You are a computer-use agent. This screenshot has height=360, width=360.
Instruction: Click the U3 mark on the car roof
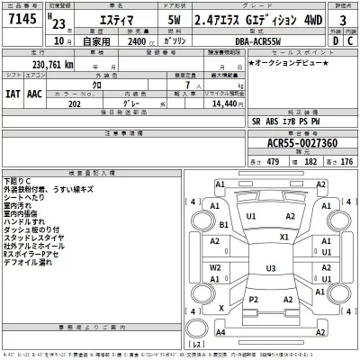point(270,268)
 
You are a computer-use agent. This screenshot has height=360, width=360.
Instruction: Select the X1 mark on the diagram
point(284,237)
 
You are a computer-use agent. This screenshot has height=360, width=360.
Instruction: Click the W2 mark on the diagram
point(215,266)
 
